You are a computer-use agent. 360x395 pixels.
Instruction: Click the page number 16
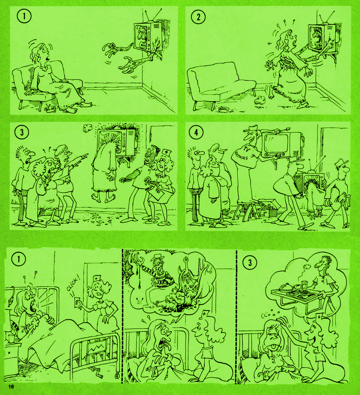pyautogui.click(x=11, y=387)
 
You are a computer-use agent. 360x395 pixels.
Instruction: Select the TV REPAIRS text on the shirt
pyautogui.click(x=243, y=153)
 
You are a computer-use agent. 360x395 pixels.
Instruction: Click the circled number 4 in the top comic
pyautogui.click(x=196, y=133)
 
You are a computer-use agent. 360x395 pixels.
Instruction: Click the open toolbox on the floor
pyautogui.click(x=266, y=211)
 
